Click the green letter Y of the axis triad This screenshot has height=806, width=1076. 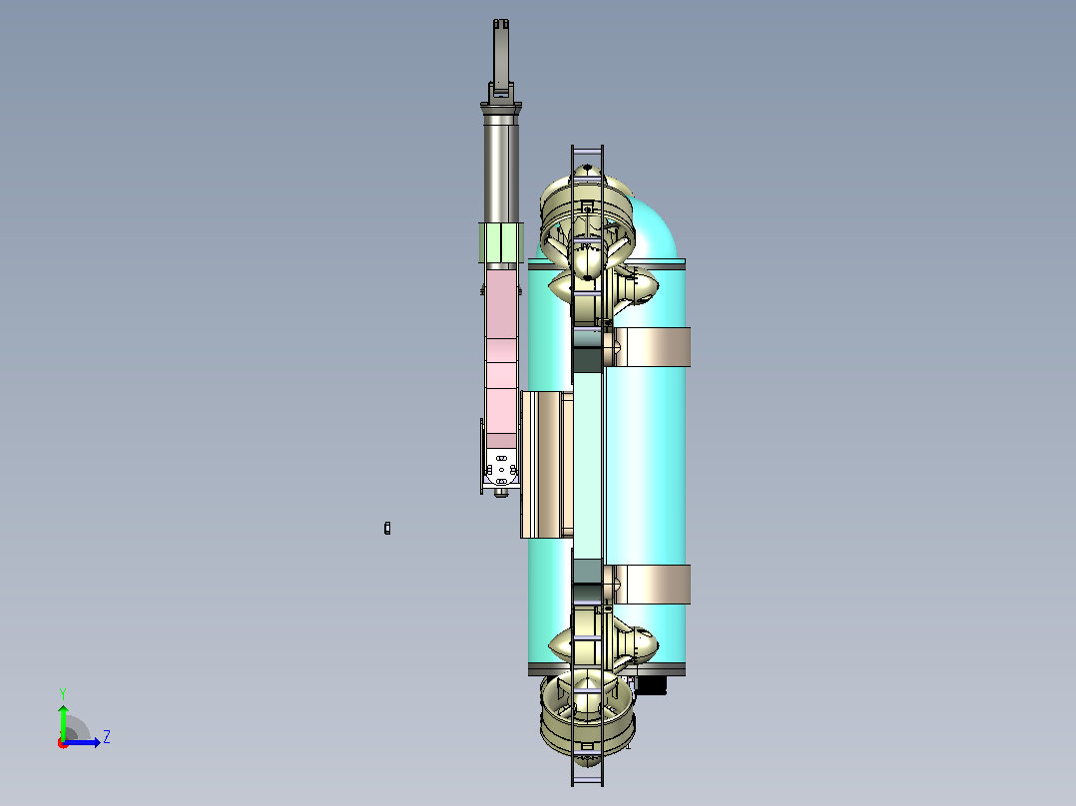[x=63, y=693]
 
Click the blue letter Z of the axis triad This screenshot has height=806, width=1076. [x=107, y=737]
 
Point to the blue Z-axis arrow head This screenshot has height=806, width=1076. [x=97, y=742]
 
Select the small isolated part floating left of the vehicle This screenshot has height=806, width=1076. [x=387, y=528]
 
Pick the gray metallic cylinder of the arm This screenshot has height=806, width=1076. [x=501, y=168]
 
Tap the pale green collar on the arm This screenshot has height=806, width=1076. [x=501, y=242]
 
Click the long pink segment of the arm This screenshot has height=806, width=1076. [x=501, y=351]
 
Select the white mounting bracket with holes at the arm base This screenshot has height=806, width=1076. [x=501, y=469]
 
